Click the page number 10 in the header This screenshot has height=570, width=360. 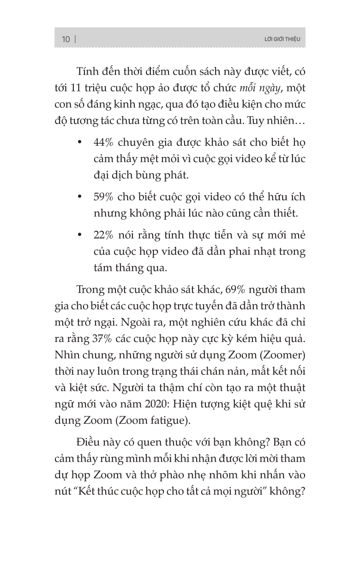[66, 39]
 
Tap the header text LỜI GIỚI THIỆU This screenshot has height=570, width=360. [280, 39]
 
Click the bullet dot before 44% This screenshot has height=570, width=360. [80, 142]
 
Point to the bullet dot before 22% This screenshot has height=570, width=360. [80, 235]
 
